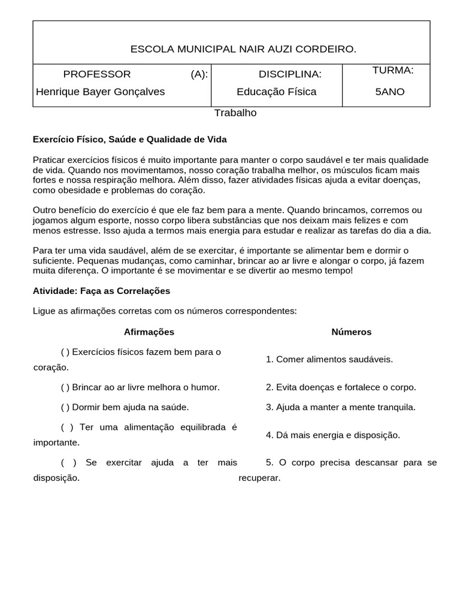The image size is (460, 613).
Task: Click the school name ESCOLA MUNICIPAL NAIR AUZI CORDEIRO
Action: [x=243, y=49]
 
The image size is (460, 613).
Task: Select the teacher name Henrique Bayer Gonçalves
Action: [x=100, y=92]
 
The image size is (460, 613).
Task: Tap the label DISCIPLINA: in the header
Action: [x=290, y=74]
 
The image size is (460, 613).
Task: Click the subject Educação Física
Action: [x=276, y=92]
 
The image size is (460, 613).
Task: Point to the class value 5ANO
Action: [x=390, y=92]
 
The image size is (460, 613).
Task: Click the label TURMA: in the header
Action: [x=392, y=71]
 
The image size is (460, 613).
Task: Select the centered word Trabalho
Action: [x=235, y=113]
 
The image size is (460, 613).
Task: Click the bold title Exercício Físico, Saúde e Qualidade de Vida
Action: [x=129, y=139]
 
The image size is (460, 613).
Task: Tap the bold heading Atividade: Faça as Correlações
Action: [x=101, y=291]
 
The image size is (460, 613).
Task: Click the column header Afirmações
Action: [x=149, y=332]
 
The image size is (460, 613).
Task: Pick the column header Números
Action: [x=352, y=332]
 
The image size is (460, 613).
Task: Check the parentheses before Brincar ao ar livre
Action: [x=65, y=387]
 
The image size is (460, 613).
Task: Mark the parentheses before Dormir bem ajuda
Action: [x=65, y=407]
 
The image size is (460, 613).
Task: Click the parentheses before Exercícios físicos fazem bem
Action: [x=65, y=352]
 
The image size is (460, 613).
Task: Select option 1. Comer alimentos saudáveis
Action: [x=329, y=359]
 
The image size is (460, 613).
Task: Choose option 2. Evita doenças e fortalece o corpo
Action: [x=341, y=387]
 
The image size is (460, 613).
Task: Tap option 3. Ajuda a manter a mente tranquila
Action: [x=341, y=407]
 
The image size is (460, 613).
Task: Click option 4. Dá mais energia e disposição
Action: [x=333, y=435]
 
